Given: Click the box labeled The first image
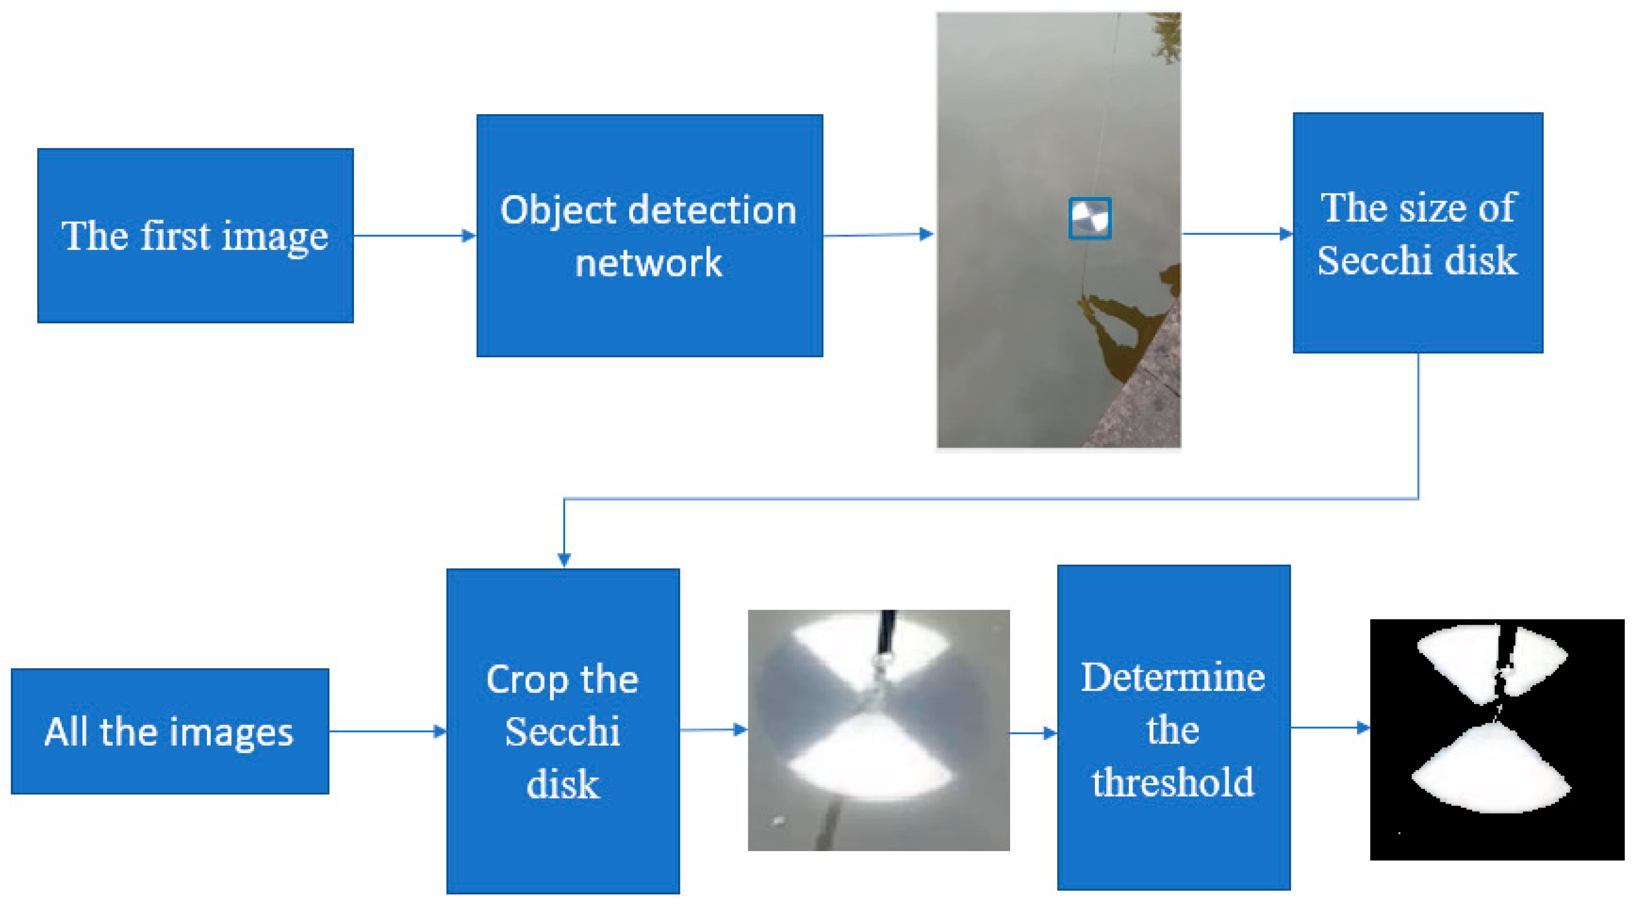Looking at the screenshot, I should tap(195, 236).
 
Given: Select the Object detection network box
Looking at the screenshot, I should tap(649, 236).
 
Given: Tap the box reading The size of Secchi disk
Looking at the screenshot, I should tap(1417, 233).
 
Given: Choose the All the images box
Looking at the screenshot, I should tap(170, 731).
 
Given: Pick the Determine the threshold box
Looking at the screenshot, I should tap(1173, 728).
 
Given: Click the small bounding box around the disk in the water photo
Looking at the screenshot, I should tap(1089, 219).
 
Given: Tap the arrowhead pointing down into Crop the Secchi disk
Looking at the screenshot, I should tap(564, 559).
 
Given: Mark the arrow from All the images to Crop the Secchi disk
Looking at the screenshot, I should tap(388, 731).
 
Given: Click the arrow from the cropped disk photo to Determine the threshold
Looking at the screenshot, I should tap(1033, 733).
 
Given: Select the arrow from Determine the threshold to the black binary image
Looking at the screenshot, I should tap(1329, 728).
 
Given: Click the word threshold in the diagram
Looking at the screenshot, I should tap(1173, 782).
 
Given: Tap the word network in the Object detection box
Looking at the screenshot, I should tap(648, 262).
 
